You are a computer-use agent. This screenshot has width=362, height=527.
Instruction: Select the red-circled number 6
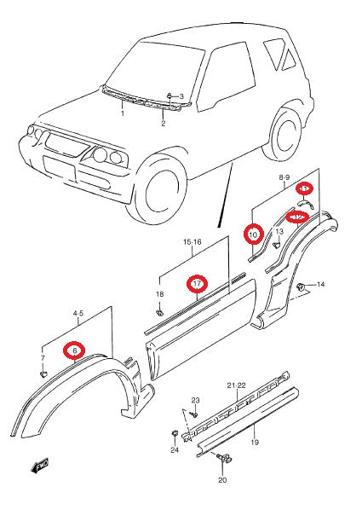(x=75, y=350)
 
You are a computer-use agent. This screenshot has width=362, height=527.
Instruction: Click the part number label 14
(x=320, y=283)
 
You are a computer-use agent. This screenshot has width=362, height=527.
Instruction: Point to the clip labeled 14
(x=302, y=286)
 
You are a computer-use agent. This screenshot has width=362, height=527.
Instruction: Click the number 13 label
(x=279, y=231)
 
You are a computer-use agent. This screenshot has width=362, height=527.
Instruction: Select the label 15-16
(x=192, y=242)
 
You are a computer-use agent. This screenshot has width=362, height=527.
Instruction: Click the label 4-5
(x=78, y=314)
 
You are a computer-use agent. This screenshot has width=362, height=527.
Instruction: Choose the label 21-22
(x=236, y=385)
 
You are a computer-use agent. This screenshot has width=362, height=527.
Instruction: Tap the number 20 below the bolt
(x=223, y=480)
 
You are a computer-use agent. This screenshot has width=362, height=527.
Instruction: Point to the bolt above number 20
(x=226, y=460)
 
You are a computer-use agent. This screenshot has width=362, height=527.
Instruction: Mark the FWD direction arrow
(x=39, y=466)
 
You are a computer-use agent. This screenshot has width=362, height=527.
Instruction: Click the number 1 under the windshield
(x=122, y=113)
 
